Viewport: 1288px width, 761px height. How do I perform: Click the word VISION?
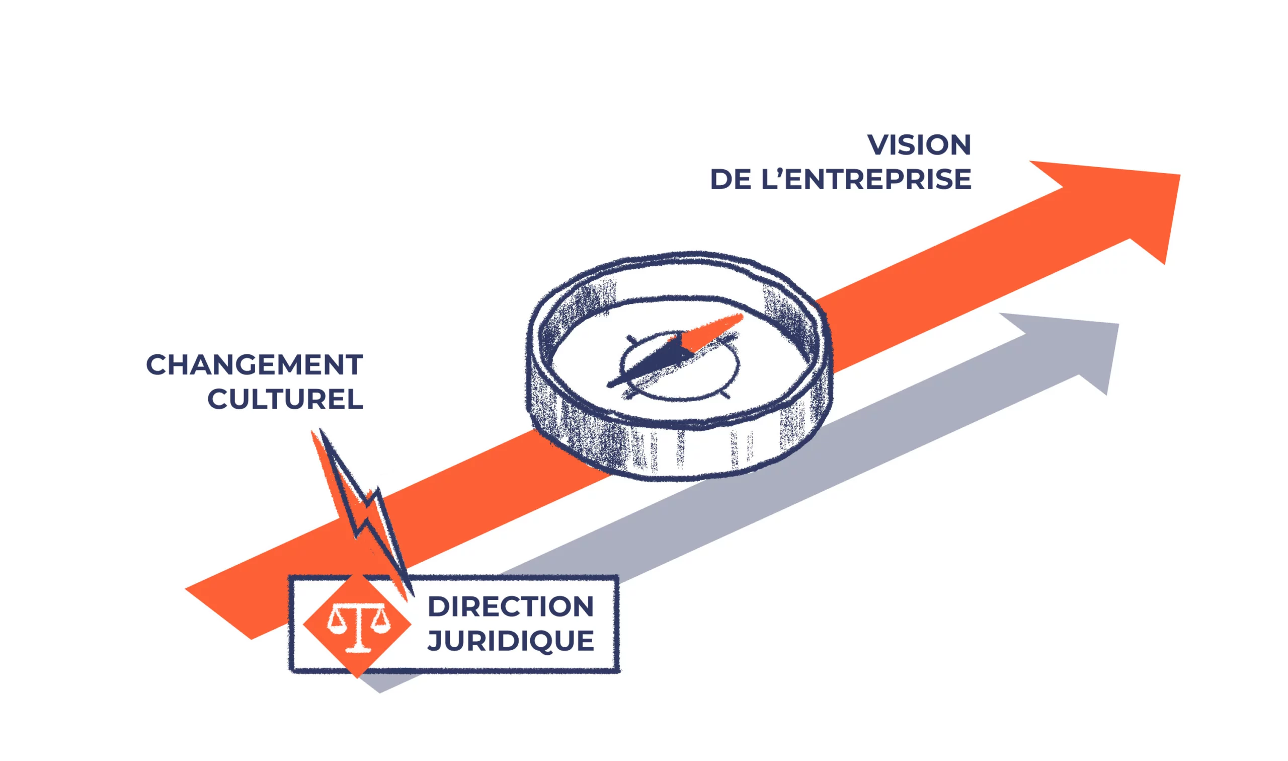(x=919, y=145)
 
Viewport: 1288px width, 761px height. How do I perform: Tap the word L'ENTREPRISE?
(x=866, y=180)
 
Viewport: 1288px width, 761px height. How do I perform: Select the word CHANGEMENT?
(x=255, y=365)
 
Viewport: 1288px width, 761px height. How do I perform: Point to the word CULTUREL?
(x=285, y=400)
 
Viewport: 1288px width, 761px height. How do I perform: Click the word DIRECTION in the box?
(x=511, y=606)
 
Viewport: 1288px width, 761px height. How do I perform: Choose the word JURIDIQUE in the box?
(x=511, y=641)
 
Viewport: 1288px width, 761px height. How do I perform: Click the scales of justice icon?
(x=358, y=627)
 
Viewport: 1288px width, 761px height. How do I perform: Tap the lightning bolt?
(x=361, y=513)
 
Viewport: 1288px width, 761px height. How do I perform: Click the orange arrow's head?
(x=1122, y=205)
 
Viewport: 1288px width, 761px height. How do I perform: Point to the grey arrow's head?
(x=1076, y=349)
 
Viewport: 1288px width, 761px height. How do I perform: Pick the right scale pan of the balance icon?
(x=380, y=622)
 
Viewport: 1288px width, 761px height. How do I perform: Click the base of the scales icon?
(x=358, y=649)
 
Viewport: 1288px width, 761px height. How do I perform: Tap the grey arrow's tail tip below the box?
(x=380, y=692)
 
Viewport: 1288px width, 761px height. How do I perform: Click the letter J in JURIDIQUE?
(x=435, y=642)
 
